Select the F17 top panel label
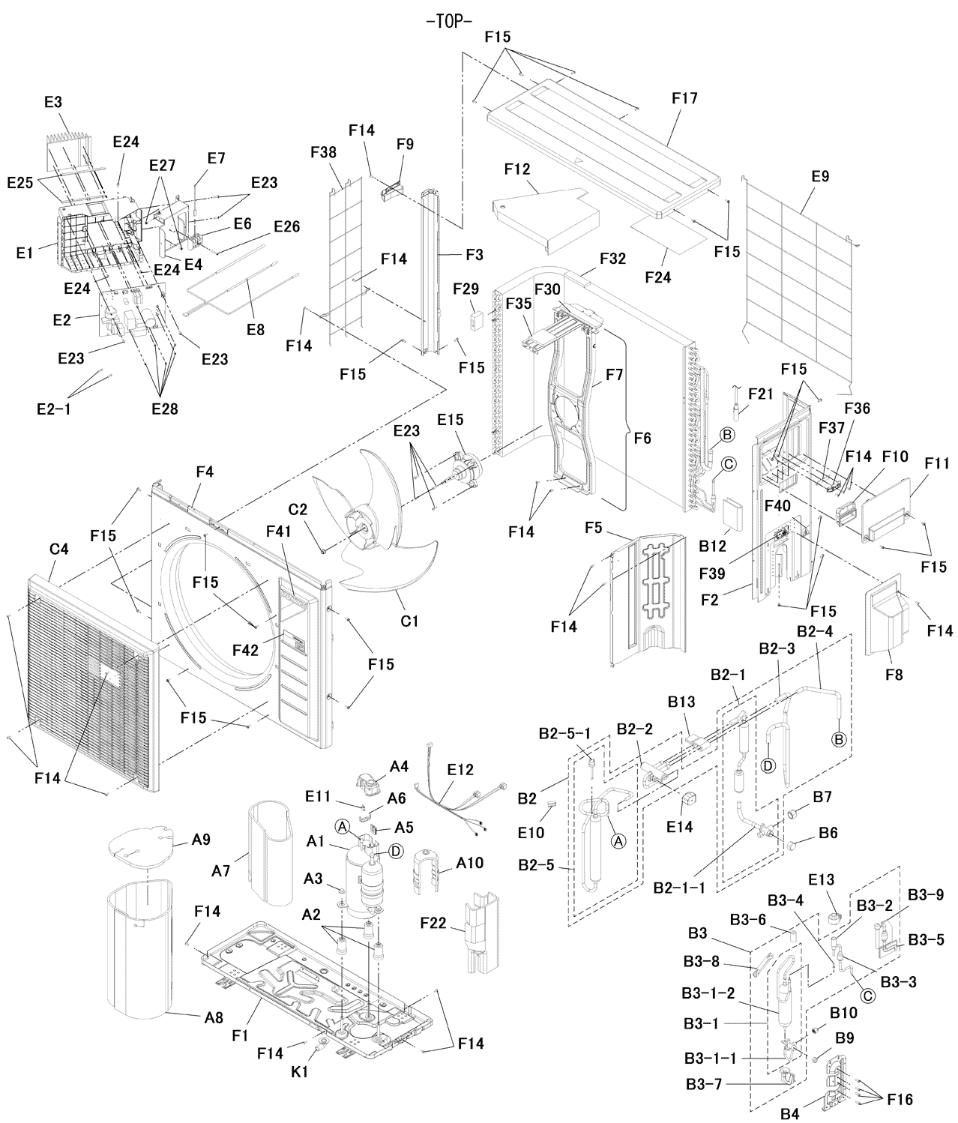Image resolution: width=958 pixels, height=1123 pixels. [684, 98]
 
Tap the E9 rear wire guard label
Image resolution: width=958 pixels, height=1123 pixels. [820, 177]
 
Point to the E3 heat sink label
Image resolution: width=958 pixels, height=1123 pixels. [52, 103]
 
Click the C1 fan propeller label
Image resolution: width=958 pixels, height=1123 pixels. [409, 621]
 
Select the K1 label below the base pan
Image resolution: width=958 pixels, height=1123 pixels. [300, 1072]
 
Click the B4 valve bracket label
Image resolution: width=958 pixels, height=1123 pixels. [789, 1114]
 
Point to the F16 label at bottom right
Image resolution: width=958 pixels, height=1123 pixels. [899, 1099]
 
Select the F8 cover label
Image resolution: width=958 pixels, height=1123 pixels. [893, 675]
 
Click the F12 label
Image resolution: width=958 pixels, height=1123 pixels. [516, 170]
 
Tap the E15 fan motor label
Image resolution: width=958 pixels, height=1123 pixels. [451, 421]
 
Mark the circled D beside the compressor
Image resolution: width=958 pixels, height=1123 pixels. [396, 851]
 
